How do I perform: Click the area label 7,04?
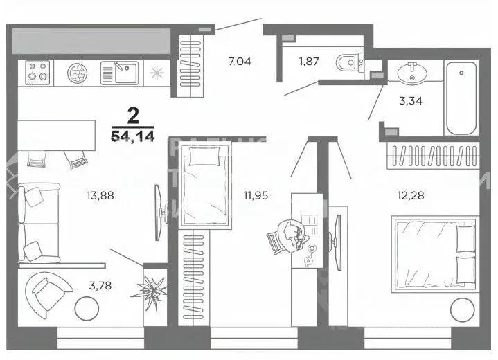(240, 62)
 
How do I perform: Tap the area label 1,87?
(309, 62)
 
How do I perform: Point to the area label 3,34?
(411, 100)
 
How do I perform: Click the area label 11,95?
(255, 195)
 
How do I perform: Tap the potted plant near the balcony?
(152, 285)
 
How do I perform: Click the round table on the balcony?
(87, 307)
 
